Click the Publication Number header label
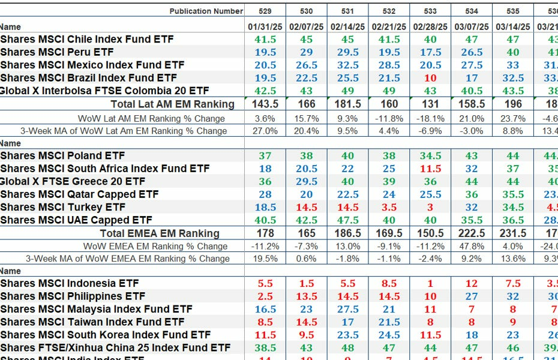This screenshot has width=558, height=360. pyautogui.click(x=206, y=11)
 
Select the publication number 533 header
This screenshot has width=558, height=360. pyautogui.click(x=430, y=11)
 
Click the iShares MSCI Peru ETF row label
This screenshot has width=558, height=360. pyautogui.click(x=57, y=52)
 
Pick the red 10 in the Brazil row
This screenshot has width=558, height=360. pyautogui.click(x=430, y=78)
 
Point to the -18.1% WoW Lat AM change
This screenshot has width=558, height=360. pyautogui.click(x=430, y=118)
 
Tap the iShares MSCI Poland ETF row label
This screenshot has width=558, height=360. pyautogui.click(x=62, y=155)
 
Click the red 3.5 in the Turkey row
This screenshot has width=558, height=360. pyautogui.click(x=389, y=207)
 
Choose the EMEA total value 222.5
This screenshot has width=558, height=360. pyautogui.click(x=472, y=233)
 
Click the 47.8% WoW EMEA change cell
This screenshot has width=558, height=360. pyautogui.click(x=472, y=246)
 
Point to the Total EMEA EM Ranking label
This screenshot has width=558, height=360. pyautogui.click(x=160, y=233)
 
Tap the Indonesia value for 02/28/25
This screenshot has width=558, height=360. pyautogui.click(x=430, y=283)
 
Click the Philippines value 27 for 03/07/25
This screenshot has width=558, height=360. pyautogui.click(x=472, y=296)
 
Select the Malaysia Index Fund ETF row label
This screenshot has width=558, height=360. pyautogui.click(x=96, y=309)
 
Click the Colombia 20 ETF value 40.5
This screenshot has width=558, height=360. pyautogui.click(x=472, y=91)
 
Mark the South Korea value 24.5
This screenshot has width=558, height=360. pyautogui.click(x=389, y=335)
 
